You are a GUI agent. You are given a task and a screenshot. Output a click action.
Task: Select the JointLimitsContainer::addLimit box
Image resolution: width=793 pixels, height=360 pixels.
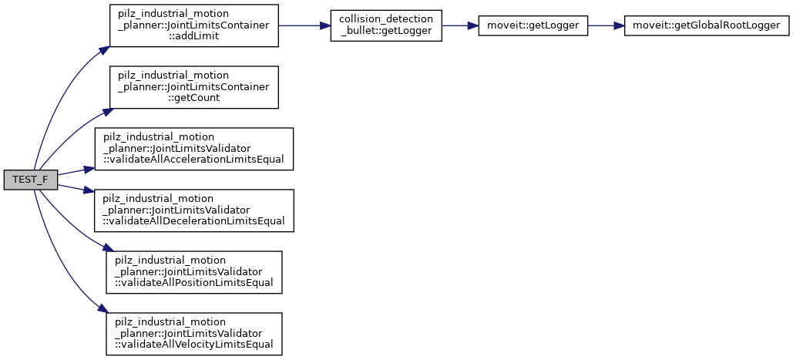pos(192,25)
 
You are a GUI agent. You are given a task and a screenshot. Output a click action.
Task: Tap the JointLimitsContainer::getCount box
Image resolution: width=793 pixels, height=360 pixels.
pos(192,87)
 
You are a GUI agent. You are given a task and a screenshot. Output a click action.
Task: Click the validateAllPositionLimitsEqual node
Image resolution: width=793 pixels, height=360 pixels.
pos(193,272)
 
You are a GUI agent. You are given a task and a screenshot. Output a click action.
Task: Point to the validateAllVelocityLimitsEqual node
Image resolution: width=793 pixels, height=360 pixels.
pos(193,334)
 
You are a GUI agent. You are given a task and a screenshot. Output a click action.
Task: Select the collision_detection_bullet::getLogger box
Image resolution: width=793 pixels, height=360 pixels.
pos(386,25)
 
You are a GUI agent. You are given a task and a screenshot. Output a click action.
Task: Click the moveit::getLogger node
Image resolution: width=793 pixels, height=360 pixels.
pos(533,25)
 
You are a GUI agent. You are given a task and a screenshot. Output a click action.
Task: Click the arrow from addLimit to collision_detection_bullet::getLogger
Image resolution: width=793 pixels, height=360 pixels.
pos(304,25)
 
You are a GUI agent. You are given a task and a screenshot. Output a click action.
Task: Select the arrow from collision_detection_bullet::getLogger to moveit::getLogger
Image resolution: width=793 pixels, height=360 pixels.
pos(461,25)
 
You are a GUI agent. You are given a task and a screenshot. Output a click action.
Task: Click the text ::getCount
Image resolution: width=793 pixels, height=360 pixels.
pos(193,99)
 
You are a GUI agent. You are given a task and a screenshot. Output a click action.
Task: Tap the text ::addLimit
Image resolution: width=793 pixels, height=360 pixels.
pos(193,37)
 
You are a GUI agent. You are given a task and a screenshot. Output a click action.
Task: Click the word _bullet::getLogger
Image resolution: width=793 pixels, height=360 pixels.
pos(386,31)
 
